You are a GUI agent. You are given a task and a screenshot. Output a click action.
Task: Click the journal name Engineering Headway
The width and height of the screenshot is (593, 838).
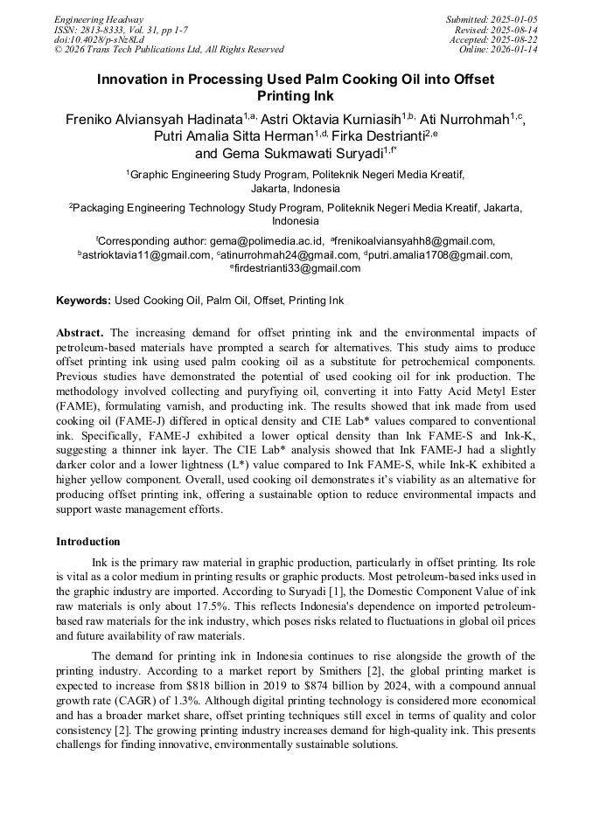pos(99,19)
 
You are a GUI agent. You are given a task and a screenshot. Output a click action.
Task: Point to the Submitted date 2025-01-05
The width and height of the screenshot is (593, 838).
pos(516,19)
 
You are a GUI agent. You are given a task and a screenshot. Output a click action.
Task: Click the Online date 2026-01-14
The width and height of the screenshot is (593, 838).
pos(518,50)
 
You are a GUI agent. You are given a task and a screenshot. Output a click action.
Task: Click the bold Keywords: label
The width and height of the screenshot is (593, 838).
pos(84,301)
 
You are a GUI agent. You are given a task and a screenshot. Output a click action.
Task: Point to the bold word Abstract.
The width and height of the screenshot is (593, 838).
pos(80,333)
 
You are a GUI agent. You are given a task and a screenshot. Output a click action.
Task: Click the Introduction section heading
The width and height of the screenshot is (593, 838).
pos(88,542)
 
